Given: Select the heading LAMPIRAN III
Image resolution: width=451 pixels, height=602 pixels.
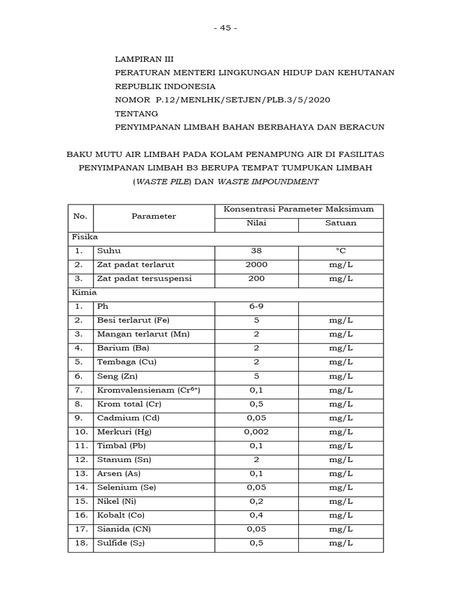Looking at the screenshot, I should [x=144, y=59].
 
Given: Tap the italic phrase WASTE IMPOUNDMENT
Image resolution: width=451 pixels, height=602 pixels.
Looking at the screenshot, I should [x=268, y=182].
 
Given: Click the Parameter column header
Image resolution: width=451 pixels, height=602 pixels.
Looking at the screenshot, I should [x=154, y=216].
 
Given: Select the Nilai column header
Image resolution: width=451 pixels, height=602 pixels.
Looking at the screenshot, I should [x=256, y=223].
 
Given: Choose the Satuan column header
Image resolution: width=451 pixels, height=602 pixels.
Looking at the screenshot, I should [x=341, y=223].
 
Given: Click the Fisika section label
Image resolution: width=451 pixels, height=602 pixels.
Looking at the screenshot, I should [x=81, y=237].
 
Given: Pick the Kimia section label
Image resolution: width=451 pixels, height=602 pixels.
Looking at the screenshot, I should [x=80, y=292].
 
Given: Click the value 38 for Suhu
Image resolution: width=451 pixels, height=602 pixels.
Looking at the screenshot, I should [x=256, y=250].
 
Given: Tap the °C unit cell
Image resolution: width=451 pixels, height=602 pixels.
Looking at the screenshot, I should [x=341, y=250].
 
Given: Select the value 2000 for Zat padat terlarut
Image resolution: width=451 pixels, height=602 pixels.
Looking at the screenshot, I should [x=256, y=265].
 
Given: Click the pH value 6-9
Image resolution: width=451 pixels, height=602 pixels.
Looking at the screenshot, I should [x=256, y=306].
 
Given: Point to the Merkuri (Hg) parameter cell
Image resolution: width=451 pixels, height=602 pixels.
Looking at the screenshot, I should [x=122, y=432].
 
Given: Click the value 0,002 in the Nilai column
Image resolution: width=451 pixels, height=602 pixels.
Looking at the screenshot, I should [x=256, y=432].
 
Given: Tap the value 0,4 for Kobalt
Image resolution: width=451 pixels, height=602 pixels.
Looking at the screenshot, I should [x=256, y=515].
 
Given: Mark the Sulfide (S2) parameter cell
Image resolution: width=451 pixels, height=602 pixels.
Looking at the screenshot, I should [x=120, y=543].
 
